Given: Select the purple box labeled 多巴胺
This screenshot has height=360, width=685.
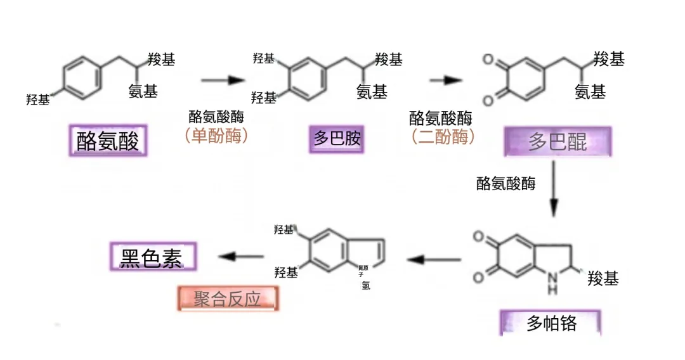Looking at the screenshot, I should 337,139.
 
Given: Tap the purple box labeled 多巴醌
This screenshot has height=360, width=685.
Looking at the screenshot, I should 558,141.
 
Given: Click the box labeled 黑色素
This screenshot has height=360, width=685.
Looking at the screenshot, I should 153,257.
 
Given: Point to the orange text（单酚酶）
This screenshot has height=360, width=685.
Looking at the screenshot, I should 216,136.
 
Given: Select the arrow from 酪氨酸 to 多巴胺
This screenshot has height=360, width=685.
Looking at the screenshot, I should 223,80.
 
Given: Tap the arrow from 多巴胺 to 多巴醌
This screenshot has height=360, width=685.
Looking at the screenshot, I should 445,80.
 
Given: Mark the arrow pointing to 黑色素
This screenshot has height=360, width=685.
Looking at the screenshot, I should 241,257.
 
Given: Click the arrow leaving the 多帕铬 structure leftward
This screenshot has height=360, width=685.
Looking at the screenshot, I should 434,259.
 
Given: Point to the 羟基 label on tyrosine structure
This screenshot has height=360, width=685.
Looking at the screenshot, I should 37,100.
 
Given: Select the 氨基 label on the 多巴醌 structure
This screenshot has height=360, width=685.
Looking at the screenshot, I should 590,93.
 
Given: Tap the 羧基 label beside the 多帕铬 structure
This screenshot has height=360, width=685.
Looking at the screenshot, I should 603,278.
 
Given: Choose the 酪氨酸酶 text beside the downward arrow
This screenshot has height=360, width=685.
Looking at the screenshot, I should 506,184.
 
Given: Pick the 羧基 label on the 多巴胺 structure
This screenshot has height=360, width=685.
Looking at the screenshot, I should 389,60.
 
